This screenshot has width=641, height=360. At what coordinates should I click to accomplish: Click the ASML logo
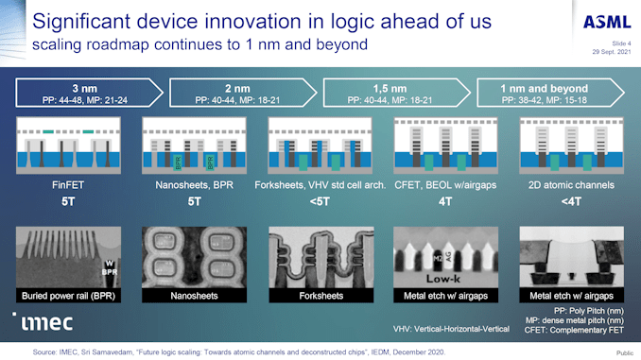pos(599,22)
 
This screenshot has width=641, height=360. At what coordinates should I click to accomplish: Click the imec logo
pos(43,321)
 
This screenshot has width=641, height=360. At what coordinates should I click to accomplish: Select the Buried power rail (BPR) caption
pos(65,296)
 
